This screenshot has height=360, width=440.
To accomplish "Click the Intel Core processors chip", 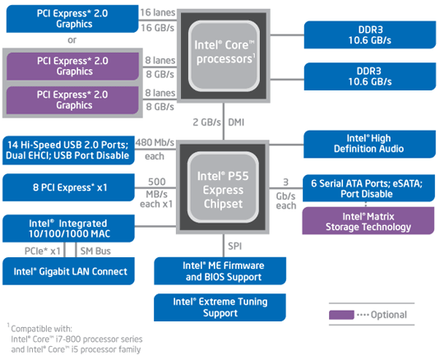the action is (x=224, y=56).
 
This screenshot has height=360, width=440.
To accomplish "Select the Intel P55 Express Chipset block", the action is (x=223, y=187).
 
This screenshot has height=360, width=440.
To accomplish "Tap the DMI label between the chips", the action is (x=236, y=122).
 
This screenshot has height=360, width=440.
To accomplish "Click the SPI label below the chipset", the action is (x=234, y=246).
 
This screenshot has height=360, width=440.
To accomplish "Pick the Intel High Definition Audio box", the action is (x=369, y=144).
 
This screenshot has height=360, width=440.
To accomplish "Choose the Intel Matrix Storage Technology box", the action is (x=368, y=221).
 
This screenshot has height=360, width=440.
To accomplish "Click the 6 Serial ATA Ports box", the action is (x=368, y=188).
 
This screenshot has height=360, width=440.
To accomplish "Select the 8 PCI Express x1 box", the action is (x=68, y=187).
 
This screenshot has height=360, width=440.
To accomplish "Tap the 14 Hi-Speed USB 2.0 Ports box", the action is (x=68, y=150).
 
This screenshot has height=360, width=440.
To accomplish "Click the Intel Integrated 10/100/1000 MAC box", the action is (x=68, y=228).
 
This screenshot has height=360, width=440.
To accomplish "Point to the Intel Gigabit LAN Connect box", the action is (x=68, y=271).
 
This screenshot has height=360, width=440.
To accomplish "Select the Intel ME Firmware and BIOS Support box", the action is (x=220, y=271).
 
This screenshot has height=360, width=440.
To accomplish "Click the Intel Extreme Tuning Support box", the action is (x=220, y=307).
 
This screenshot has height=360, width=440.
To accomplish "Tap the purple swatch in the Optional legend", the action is (x=341, y=315).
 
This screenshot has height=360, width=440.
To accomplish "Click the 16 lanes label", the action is (x=158, y=12).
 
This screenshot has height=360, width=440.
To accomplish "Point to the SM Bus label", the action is (x=95, y=251).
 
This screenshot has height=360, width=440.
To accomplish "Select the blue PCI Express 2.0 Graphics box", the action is (x=72, y=19).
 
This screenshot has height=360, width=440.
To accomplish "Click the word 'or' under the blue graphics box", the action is (x=72, y=40).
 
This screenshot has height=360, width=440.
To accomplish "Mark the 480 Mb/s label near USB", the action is (x=155, y=142).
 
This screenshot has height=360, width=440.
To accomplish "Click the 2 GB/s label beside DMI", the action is (x=206, y=122).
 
